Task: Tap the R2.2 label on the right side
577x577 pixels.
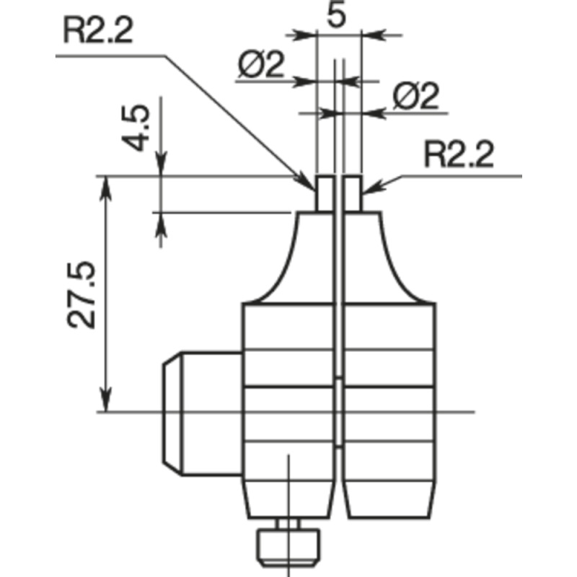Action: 459,155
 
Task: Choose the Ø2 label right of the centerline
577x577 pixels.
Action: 416,97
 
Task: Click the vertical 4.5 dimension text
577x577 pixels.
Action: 136,128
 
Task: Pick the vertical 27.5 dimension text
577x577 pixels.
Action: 84,296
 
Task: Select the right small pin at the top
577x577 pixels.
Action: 353,193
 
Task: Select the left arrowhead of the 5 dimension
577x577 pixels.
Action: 306,34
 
